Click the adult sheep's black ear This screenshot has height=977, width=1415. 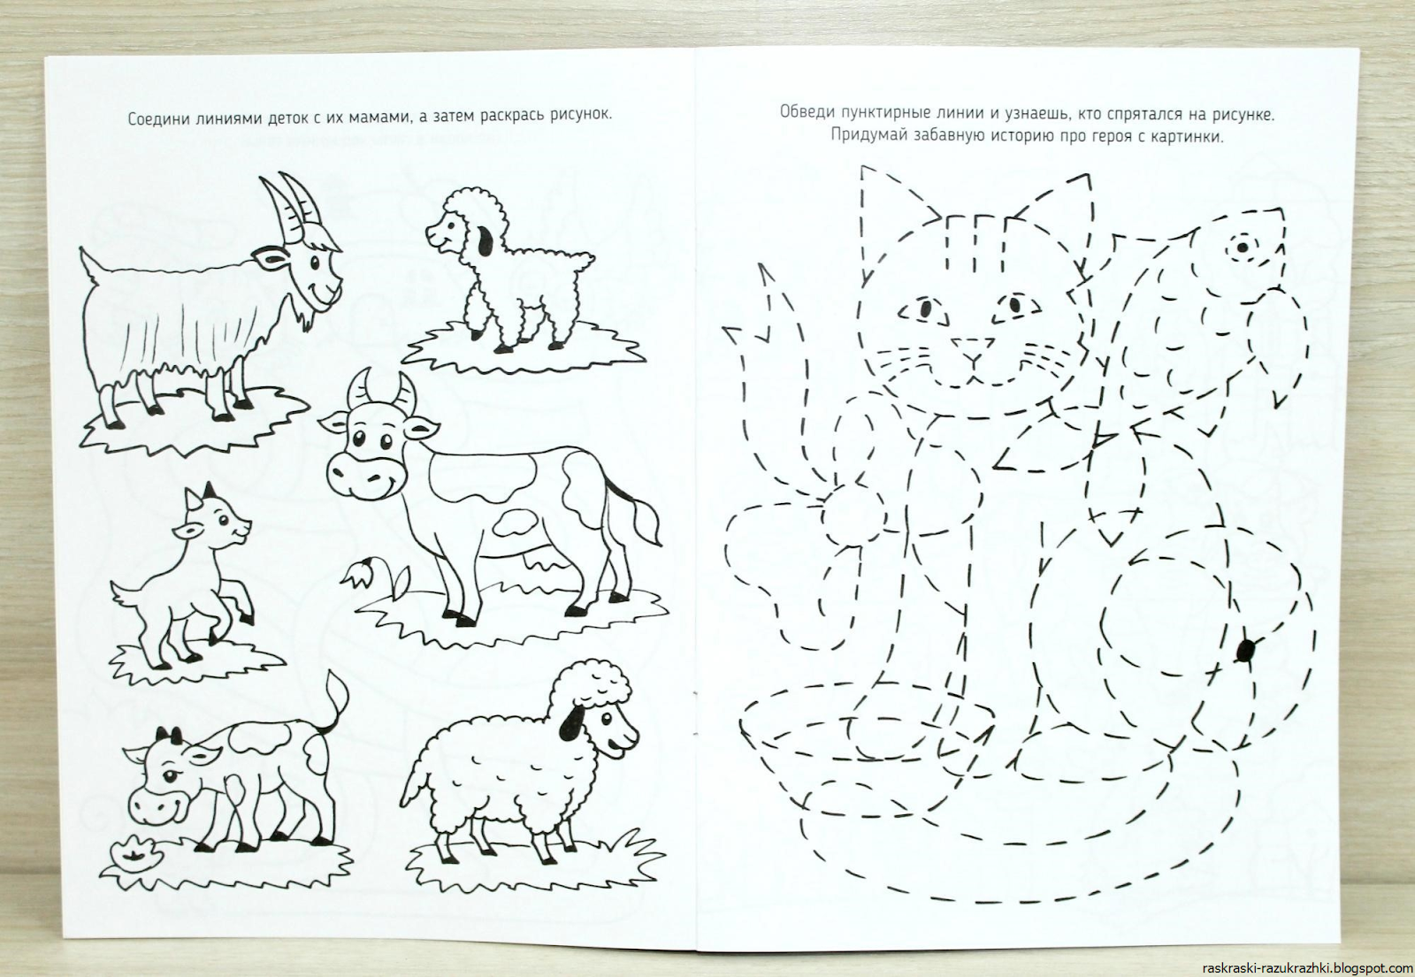tap(572, 721)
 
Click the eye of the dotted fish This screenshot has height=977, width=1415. tap(1242, 247)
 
